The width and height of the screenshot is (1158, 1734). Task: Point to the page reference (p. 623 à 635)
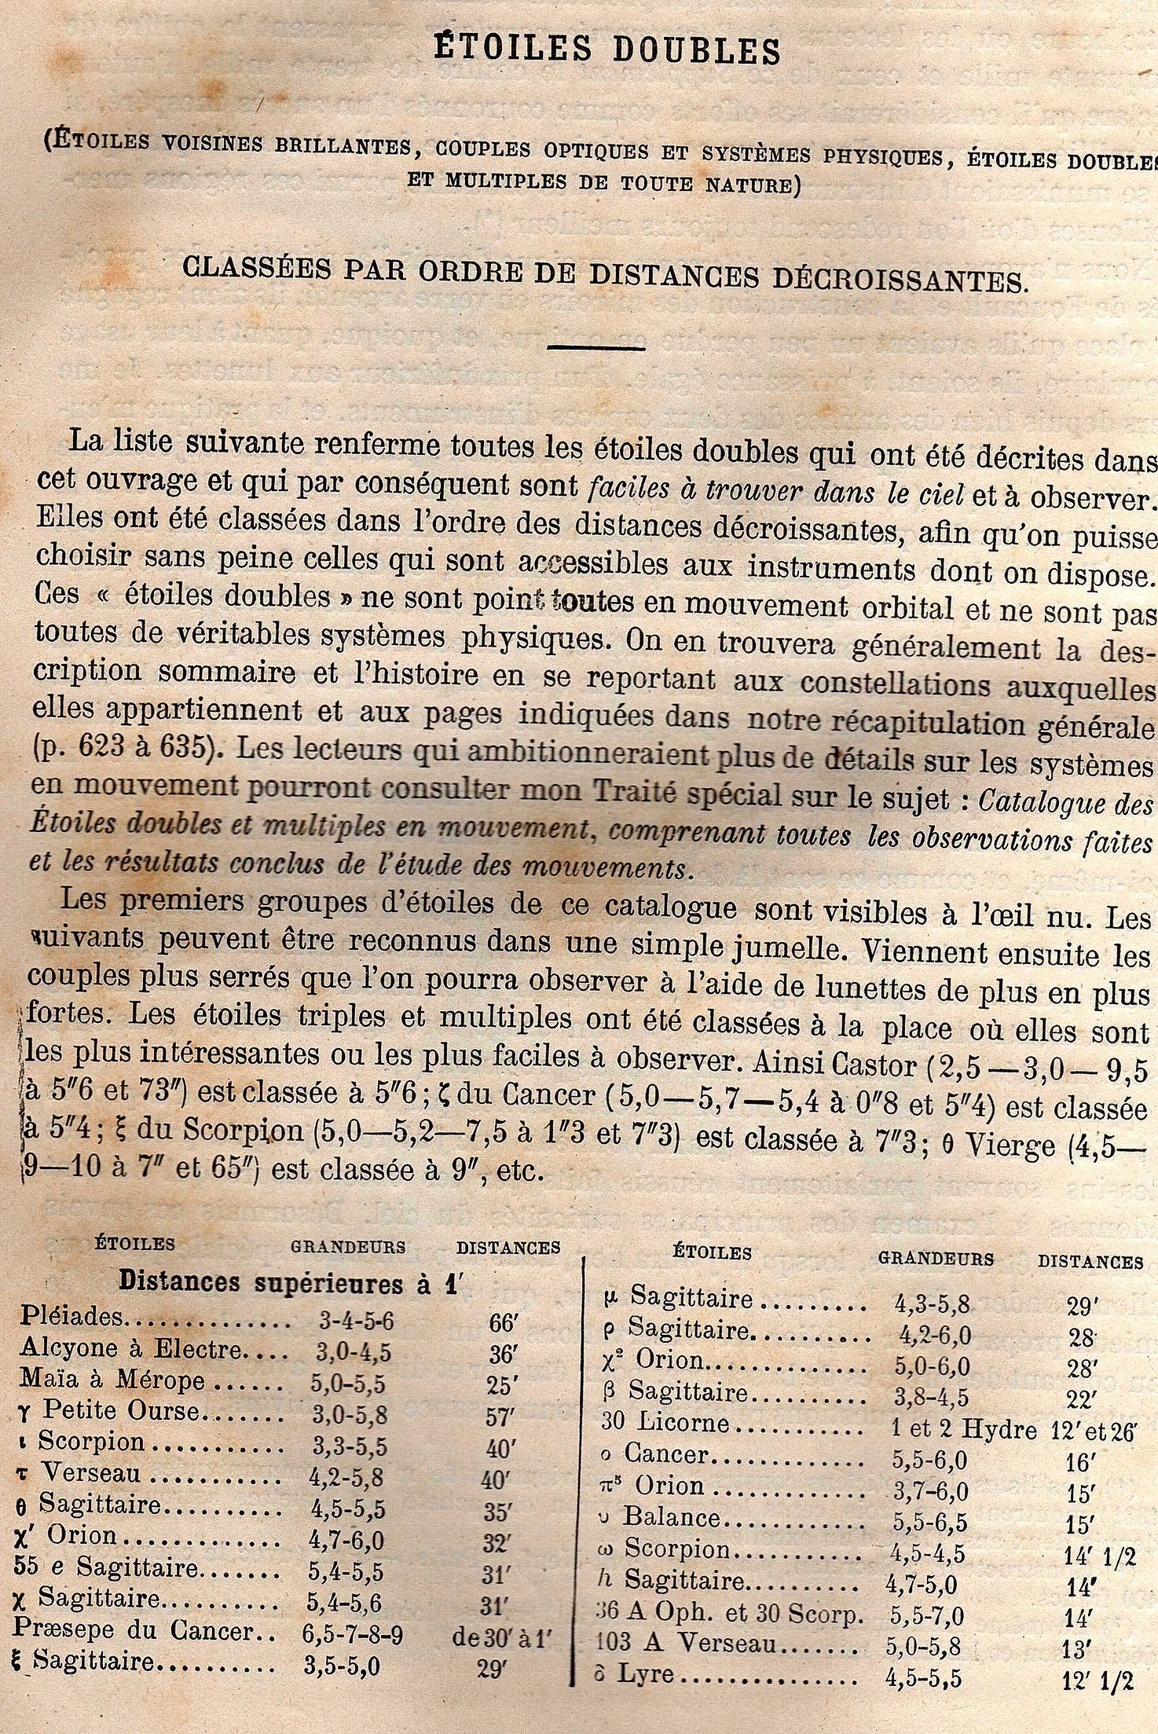click(126, 749)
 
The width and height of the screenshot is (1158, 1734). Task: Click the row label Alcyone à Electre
click(132, 1348)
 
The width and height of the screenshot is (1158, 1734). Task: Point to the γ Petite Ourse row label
click(110, 1411)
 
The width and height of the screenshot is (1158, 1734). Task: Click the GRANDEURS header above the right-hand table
click(935, 1259)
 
